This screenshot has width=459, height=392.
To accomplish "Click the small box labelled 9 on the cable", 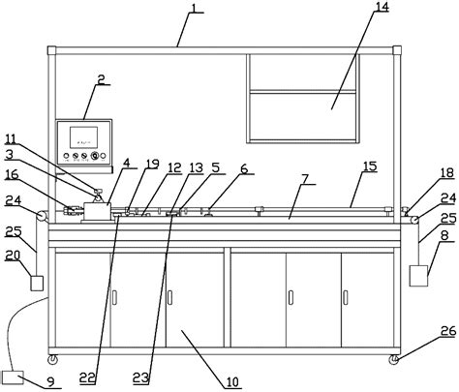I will pyautogui.click(x=15, y=377).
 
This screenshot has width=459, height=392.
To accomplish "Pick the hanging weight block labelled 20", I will pyautogui.click(x=37, y=283).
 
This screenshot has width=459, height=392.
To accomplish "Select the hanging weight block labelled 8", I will pyautogui.click(x=419, y=273).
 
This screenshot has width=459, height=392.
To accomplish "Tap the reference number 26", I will pyautogui.click(x=445, y=332).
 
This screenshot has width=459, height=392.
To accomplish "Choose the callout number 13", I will pyautogui.click(x=197, y=167).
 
